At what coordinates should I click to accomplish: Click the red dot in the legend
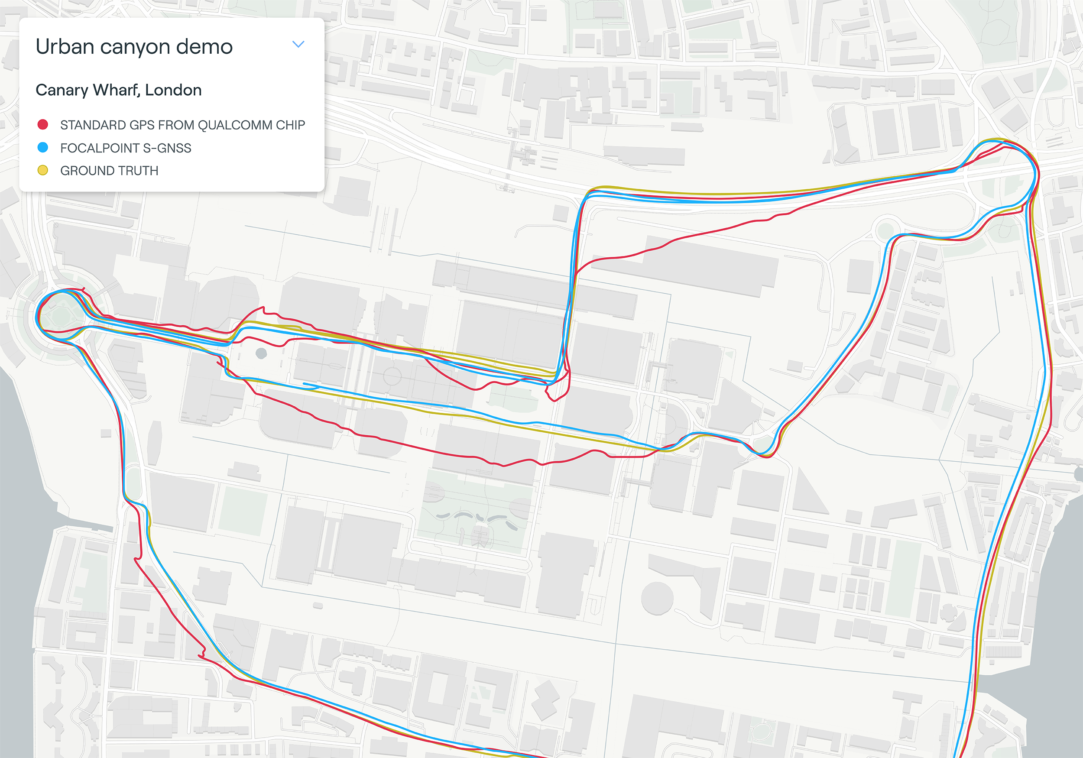[42, 124]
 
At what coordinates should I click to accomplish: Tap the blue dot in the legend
[42, 148]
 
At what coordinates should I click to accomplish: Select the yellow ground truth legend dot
[42, 170]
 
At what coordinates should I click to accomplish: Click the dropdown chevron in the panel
[298, 44]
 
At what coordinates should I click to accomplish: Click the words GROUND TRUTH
[109, 171]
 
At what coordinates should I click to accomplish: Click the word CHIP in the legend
[290, 125]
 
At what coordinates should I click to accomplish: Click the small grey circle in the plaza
[261, 353]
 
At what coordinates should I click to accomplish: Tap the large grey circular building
[657, 598]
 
